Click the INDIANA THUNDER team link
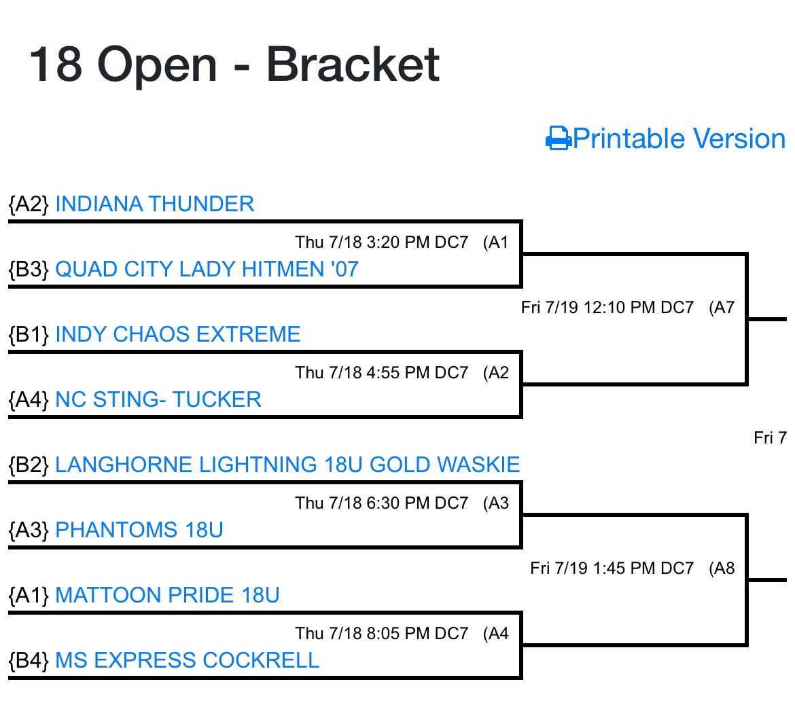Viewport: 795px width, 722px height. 154,204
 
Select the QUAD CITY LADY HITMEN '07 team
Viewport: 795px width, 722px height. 207,269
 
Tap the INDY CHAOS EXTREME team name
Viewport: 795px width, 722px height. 177,334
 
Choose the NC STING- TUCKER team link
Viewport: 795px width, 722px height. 158,399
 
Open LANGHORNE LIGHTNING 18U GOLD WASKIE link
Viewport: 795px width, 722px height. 287,465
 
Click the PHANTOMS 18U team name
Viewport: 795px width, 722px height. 139,530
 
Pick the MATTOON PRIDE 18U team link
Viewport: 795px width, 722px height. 167,595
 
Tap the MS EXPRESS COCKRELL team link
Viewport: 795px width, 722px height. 187,660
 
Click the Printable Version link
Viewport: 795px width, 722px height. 679,139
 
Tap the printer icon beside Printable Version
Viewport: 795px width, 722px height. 558,139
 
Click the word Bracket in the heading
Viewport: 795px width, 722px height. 353,65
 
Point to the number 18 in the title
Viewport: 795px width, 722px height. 56,65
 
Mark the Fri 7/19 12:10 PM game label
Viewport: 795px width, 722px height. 607,308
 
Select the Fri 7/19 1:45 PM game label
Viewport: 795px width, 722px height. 612,568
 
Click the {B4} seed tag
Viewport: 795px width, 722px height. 29,660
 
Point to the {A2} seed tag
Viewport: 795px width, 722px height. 29,204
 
